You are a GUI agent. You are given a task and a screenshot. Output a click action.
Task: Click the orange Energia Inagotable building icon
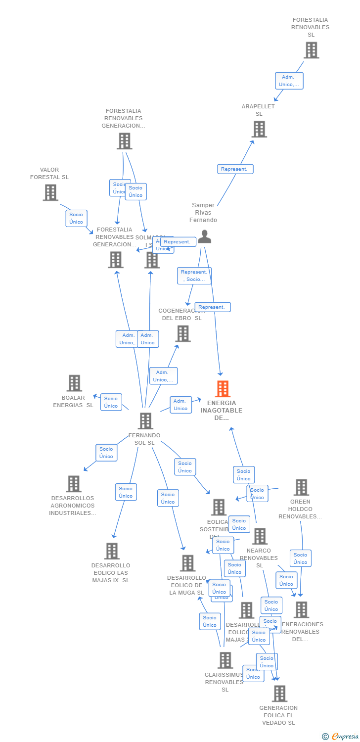point(223,389)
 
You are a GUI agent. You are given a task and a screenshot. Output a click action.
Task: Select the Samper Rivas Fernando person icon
point(204,236)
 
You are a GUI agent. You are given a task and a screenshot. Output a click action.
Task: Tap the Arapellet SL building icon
point(259,129)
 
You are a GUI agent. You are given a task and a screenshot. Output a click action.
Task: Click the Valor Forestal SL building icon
point(50,192)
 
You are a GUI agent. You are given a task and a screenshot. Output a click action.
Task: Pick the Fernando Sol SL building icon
point(145,421)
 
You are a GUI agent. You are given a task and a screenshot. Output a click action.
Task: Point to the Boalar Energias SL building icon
point(74,383)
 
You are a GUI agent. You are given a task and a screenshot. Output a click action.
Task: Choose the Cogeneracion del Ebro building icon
point(183,333)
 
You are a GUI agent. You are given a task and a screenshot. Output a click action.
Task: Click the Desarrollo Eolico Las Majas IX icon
point(112,551)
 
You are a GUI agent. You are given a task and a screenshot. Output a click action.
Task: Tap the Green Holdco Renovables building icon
point(301,487)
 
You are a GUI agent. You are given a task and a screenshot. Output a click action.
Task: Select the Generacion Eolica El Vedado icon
point(279,694)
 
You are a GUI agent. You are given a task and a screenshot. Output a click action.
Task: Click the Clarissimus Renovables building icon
point(225,660)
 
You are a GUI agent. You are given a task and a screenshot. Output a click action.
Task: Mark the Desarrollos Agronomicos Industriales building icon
point(73,484)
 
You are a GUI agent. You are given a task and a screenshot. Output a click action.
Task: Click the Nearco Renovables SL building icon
point(260,536)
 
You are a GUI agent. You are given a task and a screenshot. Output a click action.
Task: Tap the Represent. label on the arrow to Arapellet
point(235,169)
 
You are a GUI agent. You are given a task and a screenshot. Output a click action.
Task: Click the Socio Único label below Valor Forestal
point(76,218)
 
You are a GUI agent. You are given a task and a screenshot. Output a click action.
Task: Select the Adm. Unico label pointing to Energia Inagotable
point(180,405)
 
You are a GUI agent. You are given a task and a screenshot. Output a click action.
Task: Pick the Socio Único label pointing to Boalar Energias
point(111,402)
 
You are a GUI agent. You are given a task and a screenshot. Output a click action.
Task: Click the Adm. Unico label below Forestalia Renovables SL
point(289,81)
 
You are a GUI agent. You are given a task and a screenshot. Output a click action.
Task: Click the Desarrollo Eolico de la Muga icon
point(187,563)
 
